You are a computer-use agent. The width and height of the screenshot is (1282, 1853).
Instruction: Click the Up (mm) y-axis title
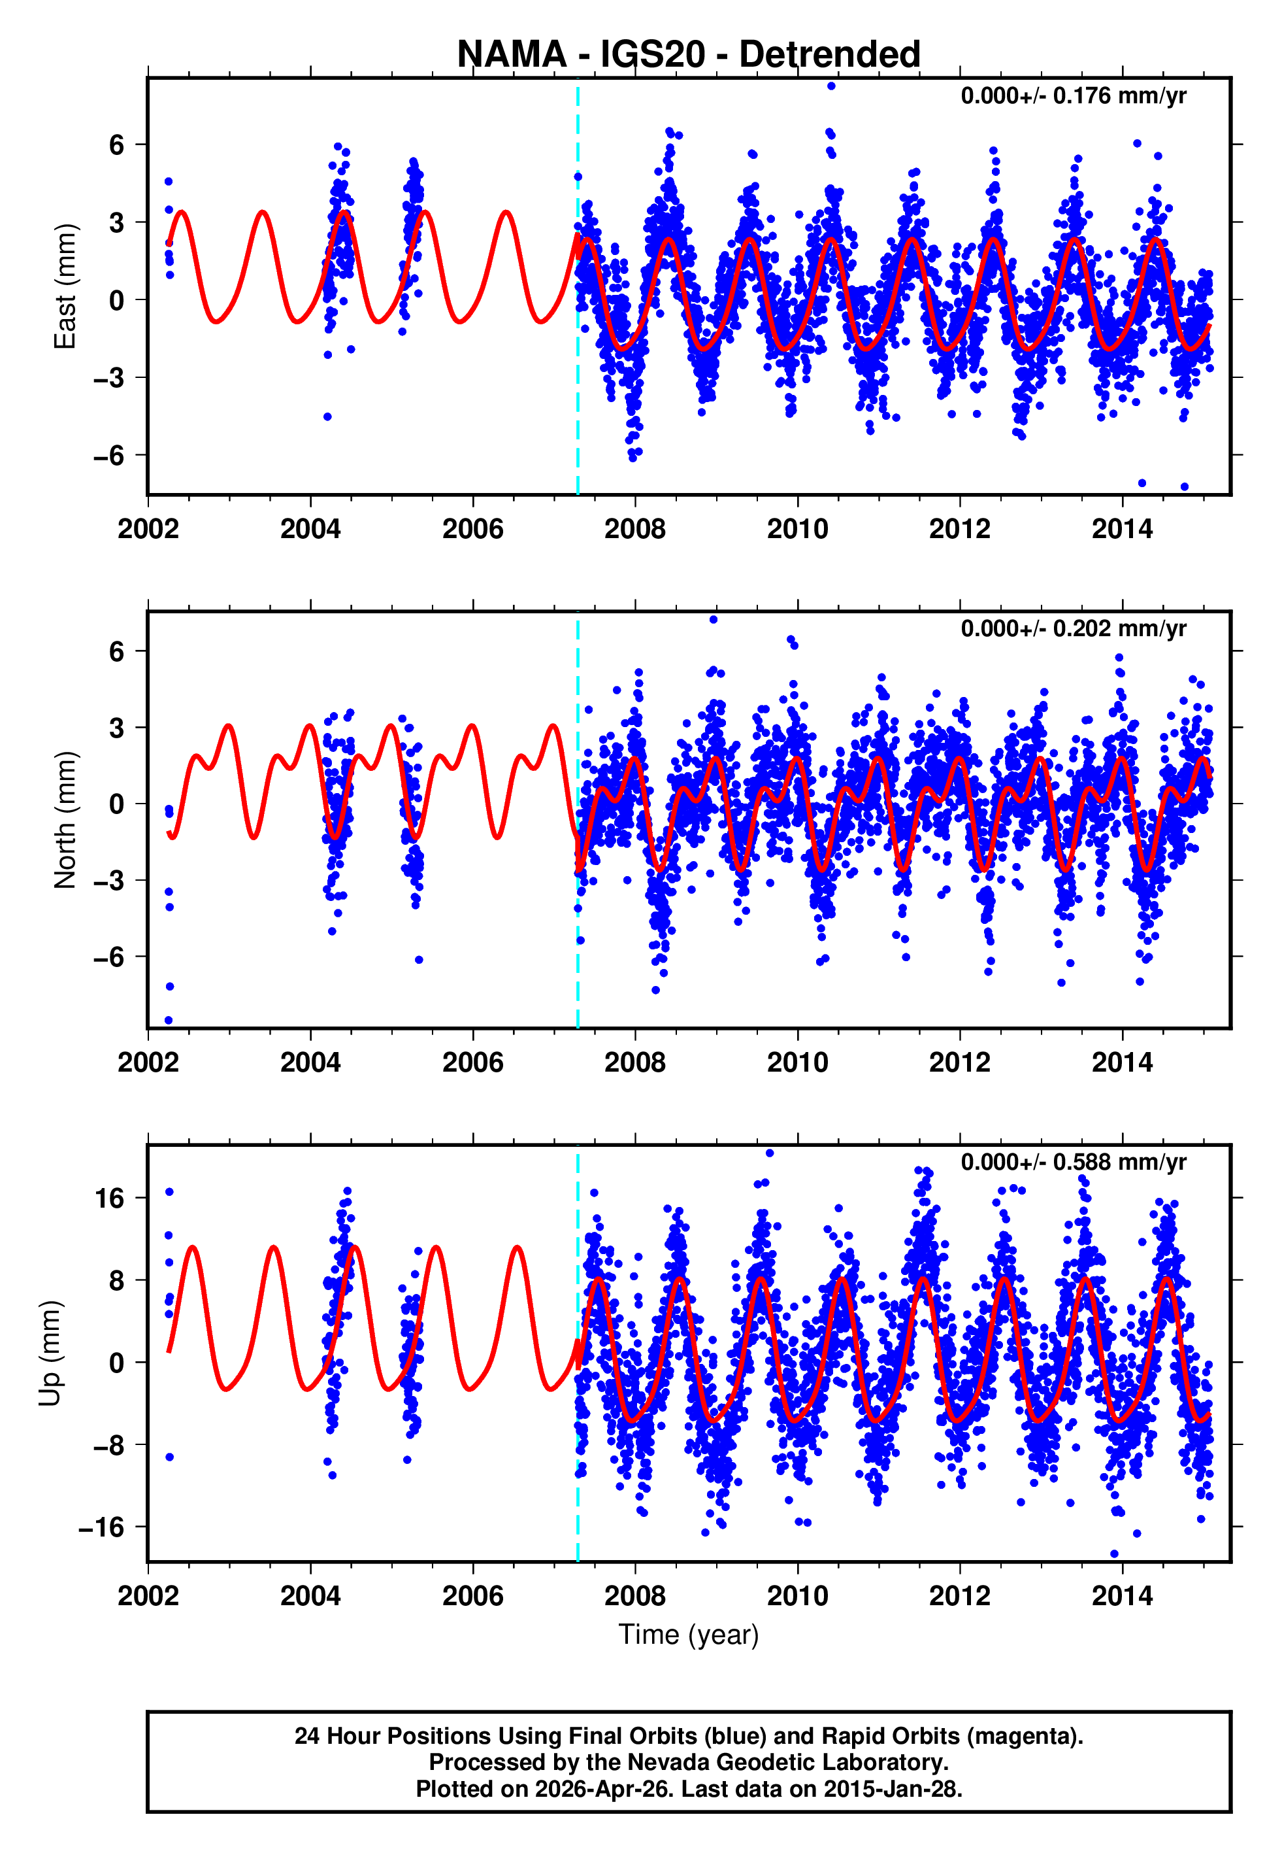coord(50,1353)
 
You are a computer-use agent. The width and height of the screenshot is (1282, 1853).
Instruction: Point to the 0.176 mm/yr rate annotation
coord(1073,95)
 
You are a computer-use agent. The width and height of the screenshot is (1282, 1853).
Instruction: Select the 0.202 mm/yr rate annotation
coord(1073,628)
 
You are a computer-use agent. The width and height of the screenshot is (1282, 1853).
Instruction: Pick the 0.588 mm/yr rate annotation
coord(1073,1162)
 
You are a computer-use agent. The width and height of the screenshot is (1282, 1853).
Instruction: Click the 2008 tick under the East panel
coord(634,530)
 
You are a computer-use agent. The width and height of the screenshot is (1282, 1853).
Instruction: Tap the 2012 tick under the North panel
coord(959,1062)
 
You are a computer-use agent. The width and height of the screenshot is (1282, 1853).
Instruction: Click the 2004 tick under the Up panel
coord(310,1595)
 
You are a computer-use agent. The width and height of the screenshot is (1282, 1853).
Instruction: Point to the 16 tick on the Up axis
coord(110,1199)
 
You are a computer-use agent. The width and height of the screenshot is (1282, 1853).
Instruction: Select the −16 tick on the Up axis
coord(102,1527)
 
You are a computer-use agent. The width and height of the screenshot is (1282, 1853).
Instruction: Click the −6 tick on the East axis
coord(110,456)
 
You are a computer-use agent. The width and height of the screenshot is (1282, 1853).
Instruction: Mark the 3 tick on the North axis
coord(117,728)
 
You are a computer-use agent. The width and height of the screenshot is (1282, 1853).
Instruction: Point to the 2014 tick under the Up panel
coord(1121,1595)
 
